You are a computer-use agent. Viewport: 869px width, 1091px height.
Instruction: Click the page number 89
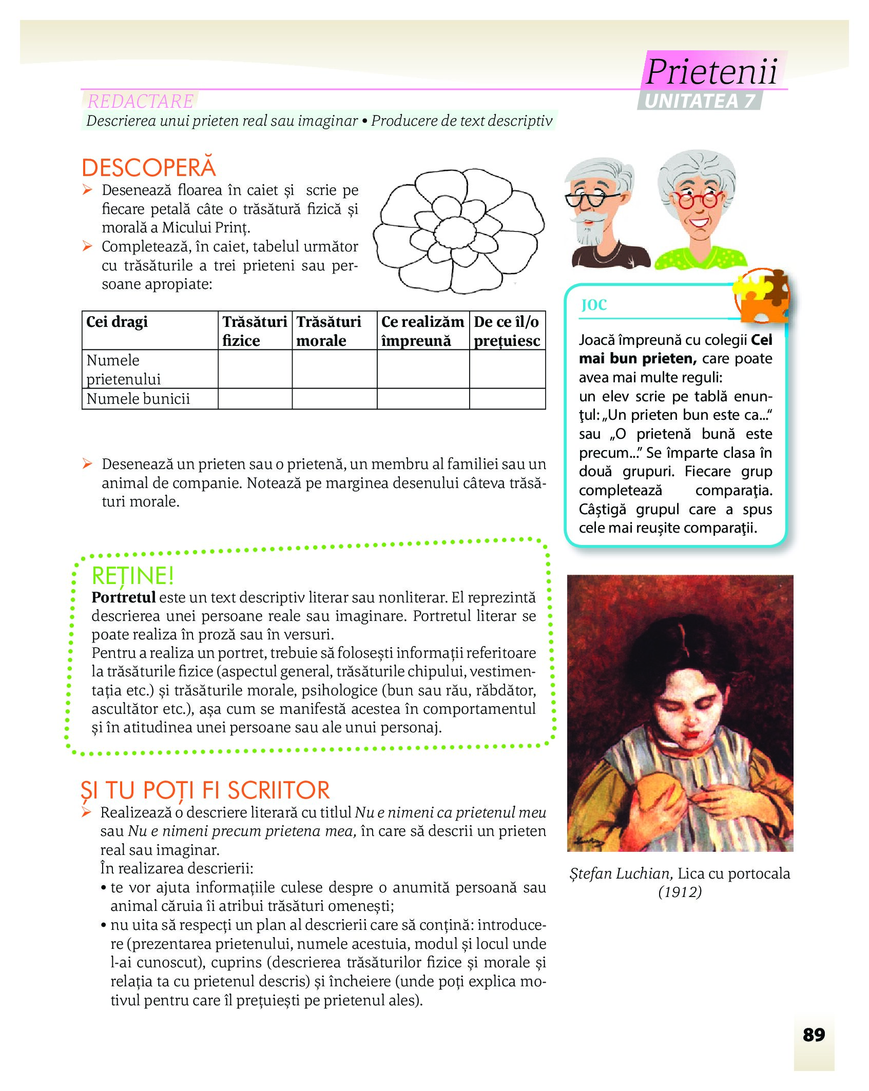click(814, 1035)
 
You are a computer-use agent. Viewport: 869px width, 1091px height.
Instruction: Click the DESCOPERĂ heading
click(149, 168)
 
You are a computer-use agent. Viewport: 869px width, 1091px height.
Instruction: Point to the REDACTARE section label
click(140, 101)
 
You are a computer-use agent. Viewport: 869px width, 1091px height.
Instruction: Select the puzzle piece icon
click(762, 296)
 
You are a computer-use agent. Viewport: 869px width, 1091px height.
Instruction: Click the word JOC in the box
click(594, 305)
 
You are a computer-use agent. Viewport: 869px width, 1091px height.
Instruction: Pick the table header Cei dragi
click(117, 322)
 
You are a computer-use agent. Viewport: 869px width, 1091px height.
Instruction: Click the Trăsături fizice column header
click(255, 331)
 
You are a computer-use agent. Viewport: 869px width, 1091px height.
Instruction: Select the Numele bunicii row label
click(138, 399)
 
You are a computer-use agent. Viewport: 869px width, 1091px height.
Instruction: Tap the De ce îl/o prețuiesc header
click(507, 331)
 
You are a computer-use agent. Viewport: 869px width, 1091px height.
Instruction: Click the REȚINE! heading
click(132, 576)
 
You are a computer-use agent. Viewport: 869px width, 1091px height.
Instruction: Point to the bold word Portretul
click(123, 597)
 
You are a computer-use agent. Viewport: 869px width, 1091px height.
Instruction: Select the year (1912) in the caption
click(680, 892)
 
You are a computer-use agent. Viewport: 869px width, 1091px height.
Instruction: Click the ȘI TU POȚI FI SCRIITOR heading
click(205, 790)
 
